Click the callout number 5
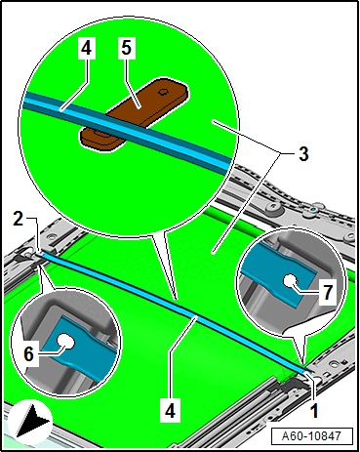[x=126, y=48]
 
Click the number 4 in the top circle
[x=86, y=48]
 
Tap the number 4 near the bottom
[x=170, y=410]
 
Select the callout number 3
[x=303, y=153]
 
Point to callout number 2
[x=19, y=219]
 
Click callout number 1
[x=314, y=410]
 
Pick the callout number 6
[x=28, y=353]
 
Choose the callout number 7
[x=328, y=292]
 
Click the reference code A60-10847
[x=311, y=435]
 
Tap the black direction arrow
[x=32, y=420]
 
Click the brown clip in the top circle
[x=134, y=114]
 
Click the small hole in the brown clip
[x=162, y=93]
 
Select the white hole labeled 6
[x=65, y=342]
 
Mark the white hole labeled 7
[x=290, y=281]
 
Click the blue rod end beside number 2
[x=40, y=254]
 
